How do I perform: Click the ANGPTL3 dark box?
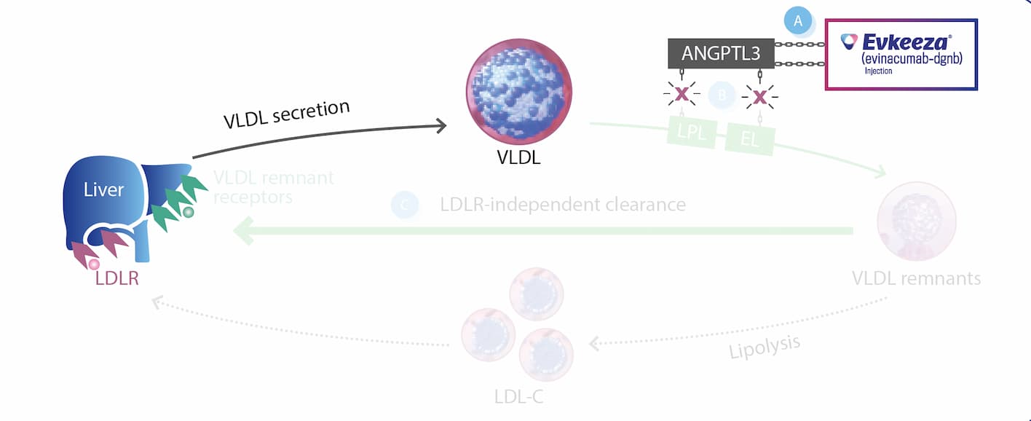(721, 53)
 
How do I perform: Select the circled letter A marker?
(798, 21)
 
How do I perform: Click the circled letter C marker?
(405, 205)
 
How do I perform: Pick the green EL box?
(750, 139)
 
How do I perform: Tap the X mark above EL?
(760, 95)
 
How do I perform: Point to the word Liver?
(103, 190)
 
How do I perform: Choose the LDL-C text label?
(518, 397)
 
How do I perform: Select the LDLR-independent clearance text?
(563, 205)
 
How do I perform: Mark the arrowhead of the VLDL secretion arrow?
(441, 126)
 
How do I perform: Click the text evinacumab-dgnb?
(912, 58)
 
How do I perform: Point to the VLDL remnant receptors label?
(273, 187)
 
